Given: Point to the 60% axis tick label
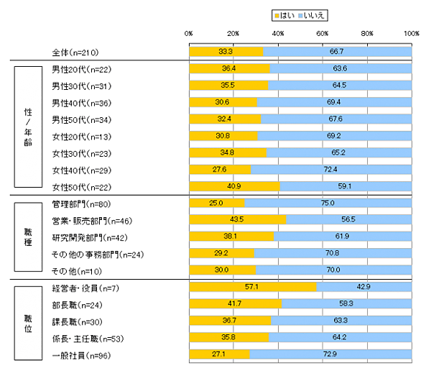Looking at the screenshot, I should tap(323, 33).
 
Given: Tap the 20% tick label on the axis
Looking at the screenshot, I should tap(233, 33).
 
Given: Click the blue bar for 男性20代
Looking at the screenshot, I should tap(340, 69).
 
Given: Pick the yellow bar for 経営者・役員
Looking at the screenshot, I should tap(252, 287).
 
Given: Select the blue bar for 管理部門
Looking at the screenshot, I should tap(328, 204).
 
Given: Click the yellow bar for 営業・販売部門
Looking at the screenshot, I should tap(237, 220).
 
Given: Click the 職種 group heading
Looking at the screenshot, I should tap(27, 237).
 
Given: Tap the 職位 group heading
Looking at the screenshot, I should tap(27, 320).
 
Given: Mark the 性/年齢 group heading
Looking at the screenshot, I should tap(27, 128).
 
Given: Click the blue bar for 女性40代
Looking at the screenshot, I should tap(331, 170).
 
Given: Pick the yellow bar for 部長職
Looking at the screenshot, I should tap(235, 303).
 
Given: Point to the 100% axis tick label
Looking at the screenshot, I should tap(412, 33).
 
